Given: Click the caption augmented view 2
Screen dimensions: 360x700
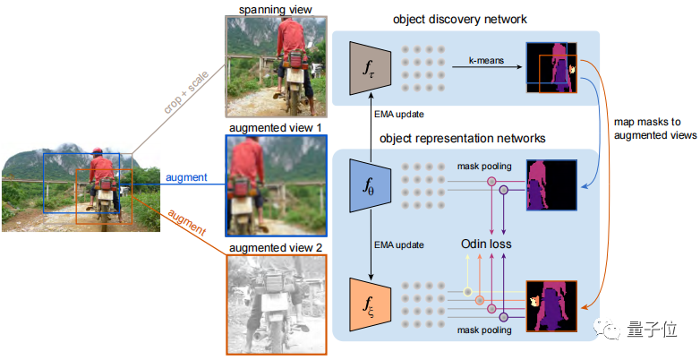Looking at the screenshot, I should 276,246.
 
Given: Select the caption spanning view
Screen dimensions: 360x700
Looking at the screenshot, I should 276,8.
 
